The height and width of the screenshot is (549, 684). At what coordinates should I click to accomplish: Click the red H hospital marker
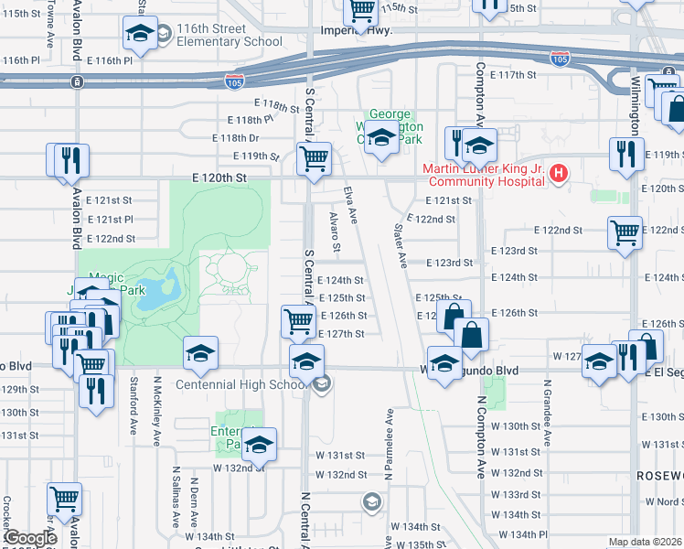pyautogui.click(x=560, y=171)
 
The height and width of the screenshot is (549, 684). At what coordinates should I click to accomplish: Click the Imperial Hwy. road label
pyautogui.click(x=356, y=30)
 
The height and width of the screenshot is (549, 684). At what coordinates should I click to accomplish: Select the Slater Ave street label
pyautogui.click(x=399, y=245)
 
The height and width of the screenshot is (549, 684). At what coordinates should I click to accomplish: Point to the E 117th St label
pyautogui.click(x=512, y=74)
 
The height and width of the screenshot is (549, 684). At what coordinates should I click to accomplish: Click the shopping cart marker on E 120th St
pyautogui.click(x=315, y=159)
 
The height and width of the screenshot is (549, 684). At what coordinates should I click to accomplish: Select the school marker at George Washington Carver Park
pyautogui.click(x=383, y=139)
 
